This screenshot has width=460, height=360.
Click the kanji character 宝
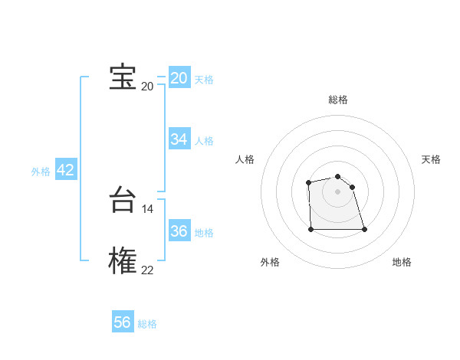click(x=123, y=77)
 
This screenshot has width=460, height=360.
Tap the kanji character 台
click(x=123, y=201)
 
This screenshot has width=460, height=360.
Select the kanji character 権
click(x=123, y=259)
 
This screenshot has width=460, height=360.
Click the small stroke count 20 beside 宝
click(x=147, y=86)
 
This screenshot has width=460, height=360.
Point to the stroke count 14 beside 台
click(x=148, y=209)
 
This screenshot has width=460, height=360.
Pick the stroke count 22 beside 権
click(x=147, y=269)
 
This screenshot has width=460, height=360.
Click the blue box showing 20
click(x=179, y=77)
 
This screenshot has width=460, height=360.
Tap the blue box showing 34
click(x=179, y=139)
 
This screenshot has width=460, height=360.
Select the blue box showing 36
click(x=179, y=231)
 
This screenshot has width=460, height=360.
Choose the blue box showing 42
click(x=66, y=170)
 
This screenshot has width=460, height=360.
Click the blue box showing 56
click(x=123, y=322)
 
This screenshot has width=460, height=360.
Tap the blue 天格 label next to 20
click(x=204, y=80)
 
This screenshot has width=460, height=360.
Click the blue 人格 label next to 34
click(x=204, y=141)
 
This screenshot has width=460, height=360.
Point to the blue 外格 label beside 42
click(x=41, y=172)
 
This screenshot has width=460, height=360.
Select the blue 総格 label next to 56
click(x=147, y=324)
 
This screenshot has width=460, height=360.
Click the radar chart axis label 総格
click(x=338, y=100)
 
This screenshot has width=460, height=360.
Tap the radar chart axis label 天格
click(x=431, y=159)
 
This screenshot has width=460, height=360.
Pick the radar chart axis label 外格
click(x=270, y=262)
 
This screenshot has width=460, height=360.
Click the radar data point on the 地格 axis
click(x=364, y=229)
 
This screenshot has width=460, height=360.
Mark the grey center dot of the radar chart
click(x=338, y=191)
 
